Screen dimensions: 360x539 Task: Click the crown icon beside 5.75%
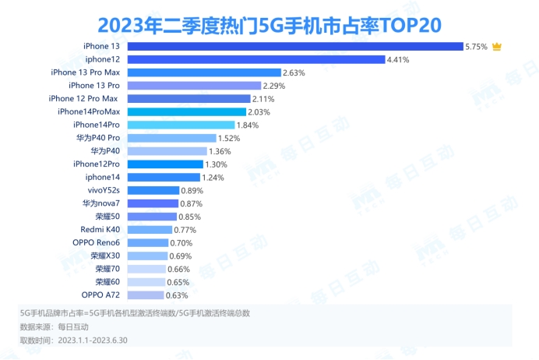[x=496, y=47]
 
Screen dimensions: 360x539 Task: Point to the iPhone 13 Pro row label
[x=94, y=86]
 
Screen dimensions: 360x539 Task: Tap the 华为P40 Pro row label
[x=98, y=138]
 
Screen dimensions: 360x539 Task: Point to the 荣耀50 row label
[x=108, y=217]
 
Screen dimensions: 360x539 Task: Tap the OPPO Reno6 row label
[x=97, y=243]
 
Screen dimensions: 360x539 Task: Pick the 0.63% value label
[x=178, y=295]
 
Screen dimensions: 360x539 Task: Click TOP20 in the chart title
[x=410, y=23]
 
